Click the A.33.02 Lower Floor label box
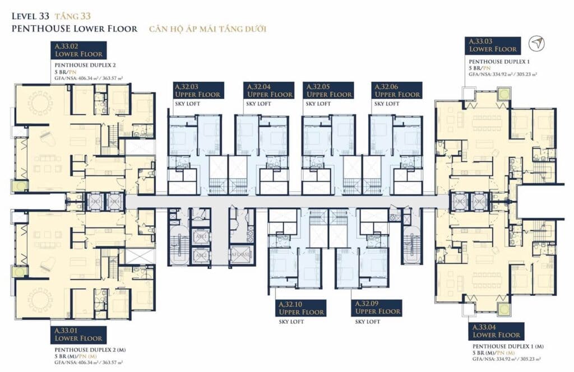click(x=78, y=50)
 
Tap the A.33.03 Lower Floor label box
click(x=493, y=45)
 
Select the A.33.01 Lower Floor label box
click(x=78, y=334)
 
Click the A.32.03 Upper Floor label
click(x=198, y=90)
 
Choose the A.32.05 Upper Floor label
click(x=328, y=90)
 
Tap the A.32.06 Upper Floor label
click(x=397, y=90)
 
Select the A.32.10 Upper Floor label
click(x=301, y=308)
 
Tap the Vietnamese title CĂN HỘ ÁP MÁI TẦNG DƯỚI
click(x=207, y=29)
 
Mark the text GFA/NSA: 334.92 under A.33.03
click(x=503, y=73)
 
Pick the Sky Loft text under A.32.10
click(x=290, y=322)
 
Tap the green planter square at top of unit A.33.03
click(x=502, y=93)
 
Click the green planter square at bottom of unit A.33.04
click(x=502, y=309)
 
